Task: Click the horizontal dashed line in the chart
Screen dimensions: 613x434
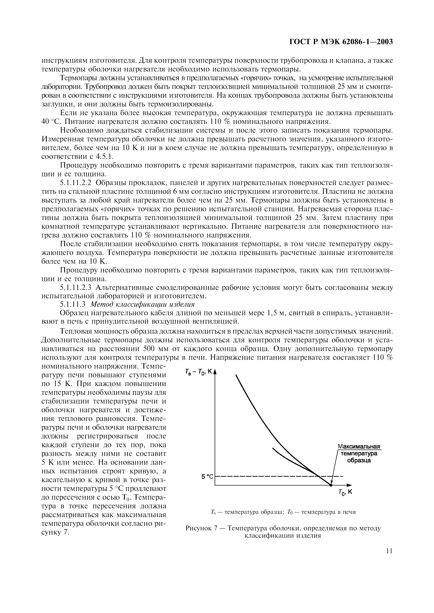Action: pos(267,476)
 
